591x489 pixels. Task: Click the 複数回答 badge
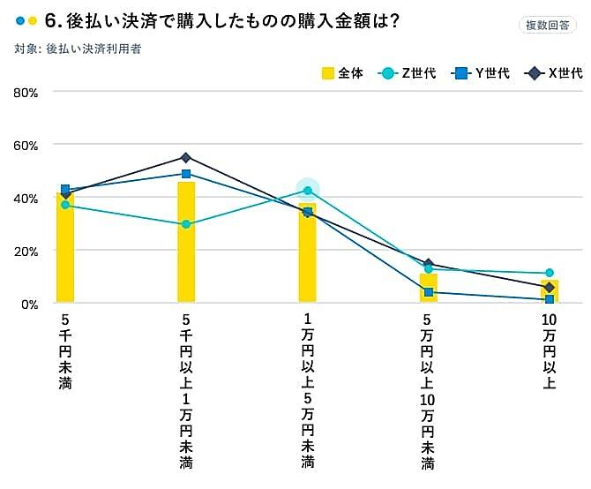pyautogui.click(x=548, y=25)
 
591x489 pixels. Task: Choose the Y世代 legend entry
pyautogui.click(x=482, y=73)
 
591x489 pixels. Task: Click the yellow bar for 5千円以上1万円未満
pyautogui.click(x=186, y=243)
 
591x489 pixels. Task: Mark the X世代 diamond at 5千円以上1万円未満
pyautogui.click(x=186, y=158)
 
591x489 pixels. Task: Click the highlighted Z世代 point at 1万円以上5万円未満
pyautogui.click(x=307, y=190)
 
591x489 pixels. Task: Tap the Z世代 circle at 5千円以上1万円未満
pyautogui.click(x=186, y=224)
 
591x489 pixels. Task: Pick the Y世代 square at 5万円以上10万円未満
pyautogui.click(x=429, y=292)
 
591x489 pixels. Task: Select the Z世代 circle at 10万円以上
pyautogui.click(x=549, y=273)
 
